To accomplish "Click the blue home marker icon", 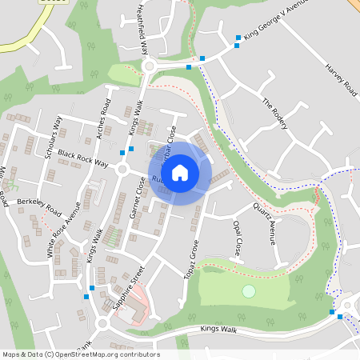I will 180,172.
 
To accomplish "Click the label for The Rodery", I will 274,114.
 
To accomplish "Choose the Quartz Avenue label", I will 265,222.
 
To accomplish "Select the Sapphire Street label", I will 127,287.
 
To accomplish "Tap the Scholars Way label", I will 54,137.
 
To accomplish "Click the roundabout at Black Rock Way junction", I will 122,170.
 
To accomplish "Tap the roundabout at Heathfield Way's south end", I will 149,66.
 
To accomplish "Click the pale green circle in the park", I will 249,290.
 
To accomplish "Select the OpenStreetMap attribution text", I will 81,354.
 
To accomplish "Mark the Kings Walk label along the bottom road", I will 220,329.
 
